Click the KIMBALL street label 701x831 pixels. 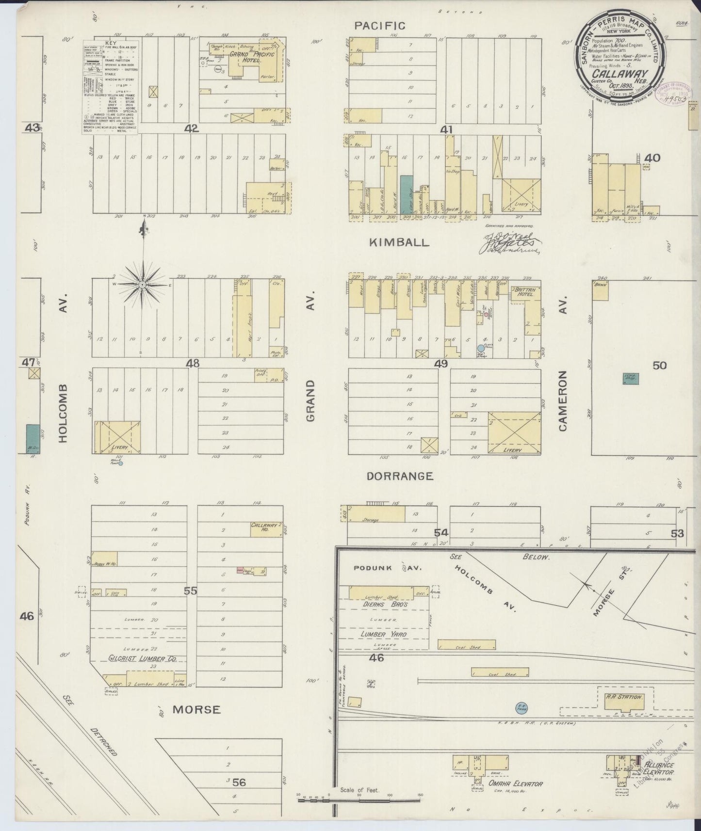tap(399, 242)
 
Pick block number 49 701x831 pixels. tap(441, 364)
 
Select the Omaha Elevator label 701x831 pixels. tap(508, 784)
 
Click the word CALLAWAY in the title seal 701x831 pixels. tap(615, 74)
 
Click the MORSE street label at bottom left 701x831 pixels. tap(197, 710)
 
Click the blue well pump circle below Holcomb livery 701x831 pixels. tap(120, 463)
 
